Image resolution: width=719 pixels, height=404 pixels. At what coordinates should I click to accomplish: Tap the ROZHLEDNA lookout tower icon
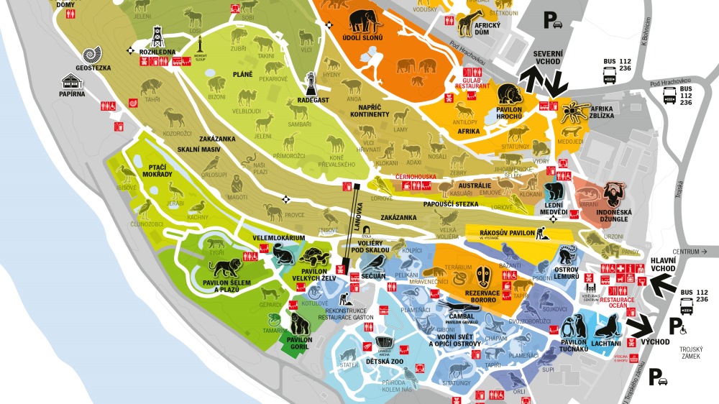pyautogui.click(x=157, y=37)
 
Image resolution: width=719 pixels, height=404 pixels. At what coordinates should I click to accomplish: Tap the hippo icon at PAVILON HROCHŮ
pyautogui.click(x=510, y=93)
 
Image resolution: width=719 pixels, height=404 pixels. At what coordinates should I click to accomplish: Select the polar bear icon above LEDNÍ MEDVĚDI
pyautogui.click(x=554, y=192)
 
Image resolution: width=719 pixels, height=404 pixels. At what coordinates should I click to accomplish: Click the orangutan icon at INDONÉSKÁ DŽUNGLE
pyautogui.click(x=615, y=194)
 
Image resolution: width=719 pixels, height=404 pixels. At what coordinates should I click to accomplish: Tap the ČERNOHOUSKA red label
pyautogui.click(x=414, y=176)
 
